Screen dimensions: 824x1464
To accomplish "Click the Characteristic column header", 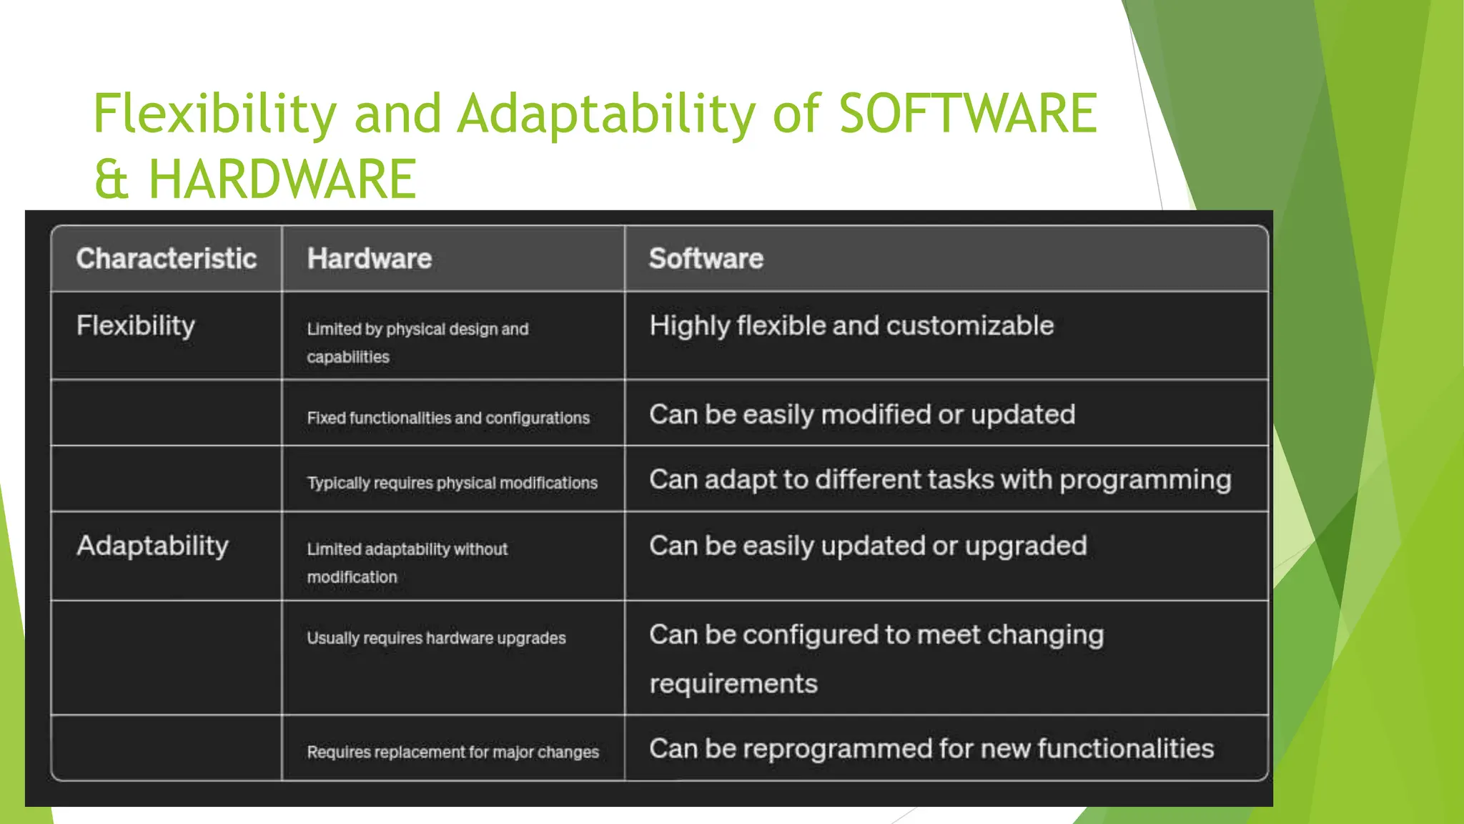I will pos(166,258).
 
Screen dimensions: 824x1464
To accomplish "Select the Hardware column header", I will pos(369,258).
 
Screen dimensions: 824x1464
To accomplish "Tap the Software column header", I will pos(706,258).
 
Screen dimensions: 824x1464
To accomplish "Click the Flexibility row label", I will pos(135,325).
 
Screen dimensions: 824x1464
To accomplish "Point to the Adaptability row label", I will pos(152,546).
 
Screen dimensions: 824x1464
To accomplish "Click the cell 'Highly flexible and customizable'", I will pos(851,325).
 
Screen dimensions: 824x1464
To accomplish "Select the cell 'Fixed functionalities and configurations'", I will pos(448,418).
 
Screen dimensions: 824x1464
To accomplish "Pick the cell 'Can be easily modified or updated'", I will pos(861,414).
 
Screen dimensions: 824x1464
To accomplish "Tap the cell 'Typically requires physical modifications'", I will pos(452,483).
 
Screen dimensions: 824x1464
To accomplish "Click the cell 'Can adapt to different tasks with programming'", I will pos(939,479).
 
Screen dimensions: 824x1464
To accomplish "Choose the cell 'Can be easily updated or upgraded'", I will pos(867,546).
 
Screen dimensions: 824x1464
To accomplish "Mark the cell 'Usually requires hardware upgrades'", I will pos(436,638).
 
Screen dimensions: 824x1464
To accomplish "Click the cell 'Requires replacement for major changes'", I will pos(452,752).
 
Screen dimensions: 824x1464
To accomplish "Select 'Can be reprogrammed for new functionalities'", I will pos(931,748).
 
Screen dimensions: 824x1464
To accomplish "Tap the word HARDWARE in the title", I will pos(282,179).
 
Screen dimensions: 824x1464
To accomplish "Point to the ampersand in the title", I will pos(112,179).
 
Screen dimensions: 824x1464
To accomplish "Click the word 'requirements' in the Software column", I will pos(733,684).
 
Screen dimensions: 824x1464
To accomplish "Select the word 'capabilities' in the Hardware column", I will pos(348,357).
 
